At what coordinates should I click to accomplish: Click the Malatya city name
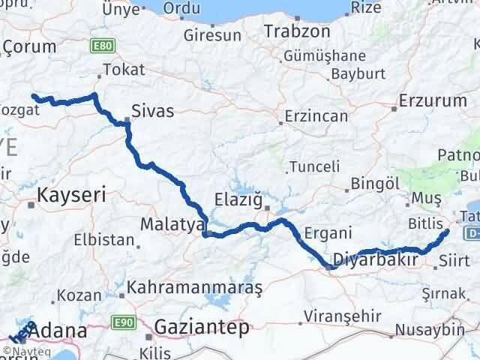(173, 224)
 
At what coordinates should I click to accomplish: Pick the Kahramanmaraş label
(194, 287)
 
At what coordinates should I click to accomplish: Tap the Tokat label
(122, 70)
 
